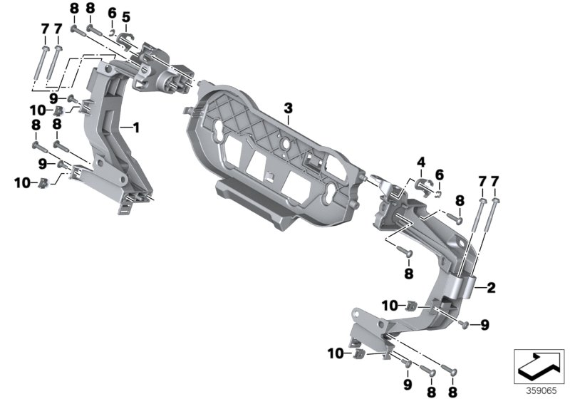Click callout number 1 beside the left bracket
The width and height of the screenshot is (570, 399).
pos(136,128)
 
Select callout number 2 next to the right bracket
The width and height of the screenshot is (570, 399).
pos(491,288)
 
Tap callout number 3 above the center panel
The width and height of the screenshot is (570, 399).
pos(288,108)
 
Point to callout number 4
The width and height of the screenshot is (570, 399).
pos(421,162)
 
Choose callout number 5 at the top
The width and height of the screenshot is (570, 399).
pos(126,16)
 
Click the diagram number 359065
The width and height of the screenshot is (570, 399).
pos(541,391)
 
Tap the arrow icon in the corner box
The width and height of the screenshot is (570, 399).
pos(539,366)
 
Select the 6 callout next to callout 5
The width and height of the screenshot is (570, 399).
pos(113,13)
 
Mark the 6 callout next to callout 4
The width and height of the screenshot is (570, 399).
pos(440,175)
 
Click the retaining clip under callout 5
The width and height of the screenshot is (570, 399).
pos(126,40)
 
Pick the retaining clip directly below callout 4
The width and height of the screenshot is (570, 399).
pos(423,186)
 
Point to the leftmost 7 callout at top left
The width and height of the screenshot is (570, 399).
pos(45,28)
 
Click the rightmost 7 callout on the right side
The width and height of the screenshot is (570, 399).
pos(494,181)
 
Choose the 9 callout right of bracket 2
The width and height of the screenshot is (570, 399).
pos(485,325)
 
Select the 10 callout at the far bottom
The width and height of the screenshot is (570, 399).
pos(336,353)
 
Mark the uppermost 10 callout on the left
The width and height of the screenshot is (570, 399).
pos(38,110)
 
